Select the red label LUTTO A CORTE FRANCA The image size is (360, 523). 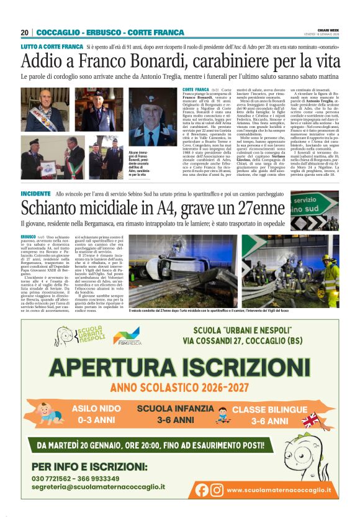pyautogui.click(x=52, y=47)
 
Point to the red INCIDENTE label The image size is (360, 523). pyautogui.click(x=35, y=194)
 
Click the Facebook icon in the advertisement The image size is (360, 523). pyautogui.click(x=202, y=489)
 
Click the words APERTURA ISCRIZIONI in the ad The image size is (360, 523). pyautogui.click(x=180, y=364)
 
